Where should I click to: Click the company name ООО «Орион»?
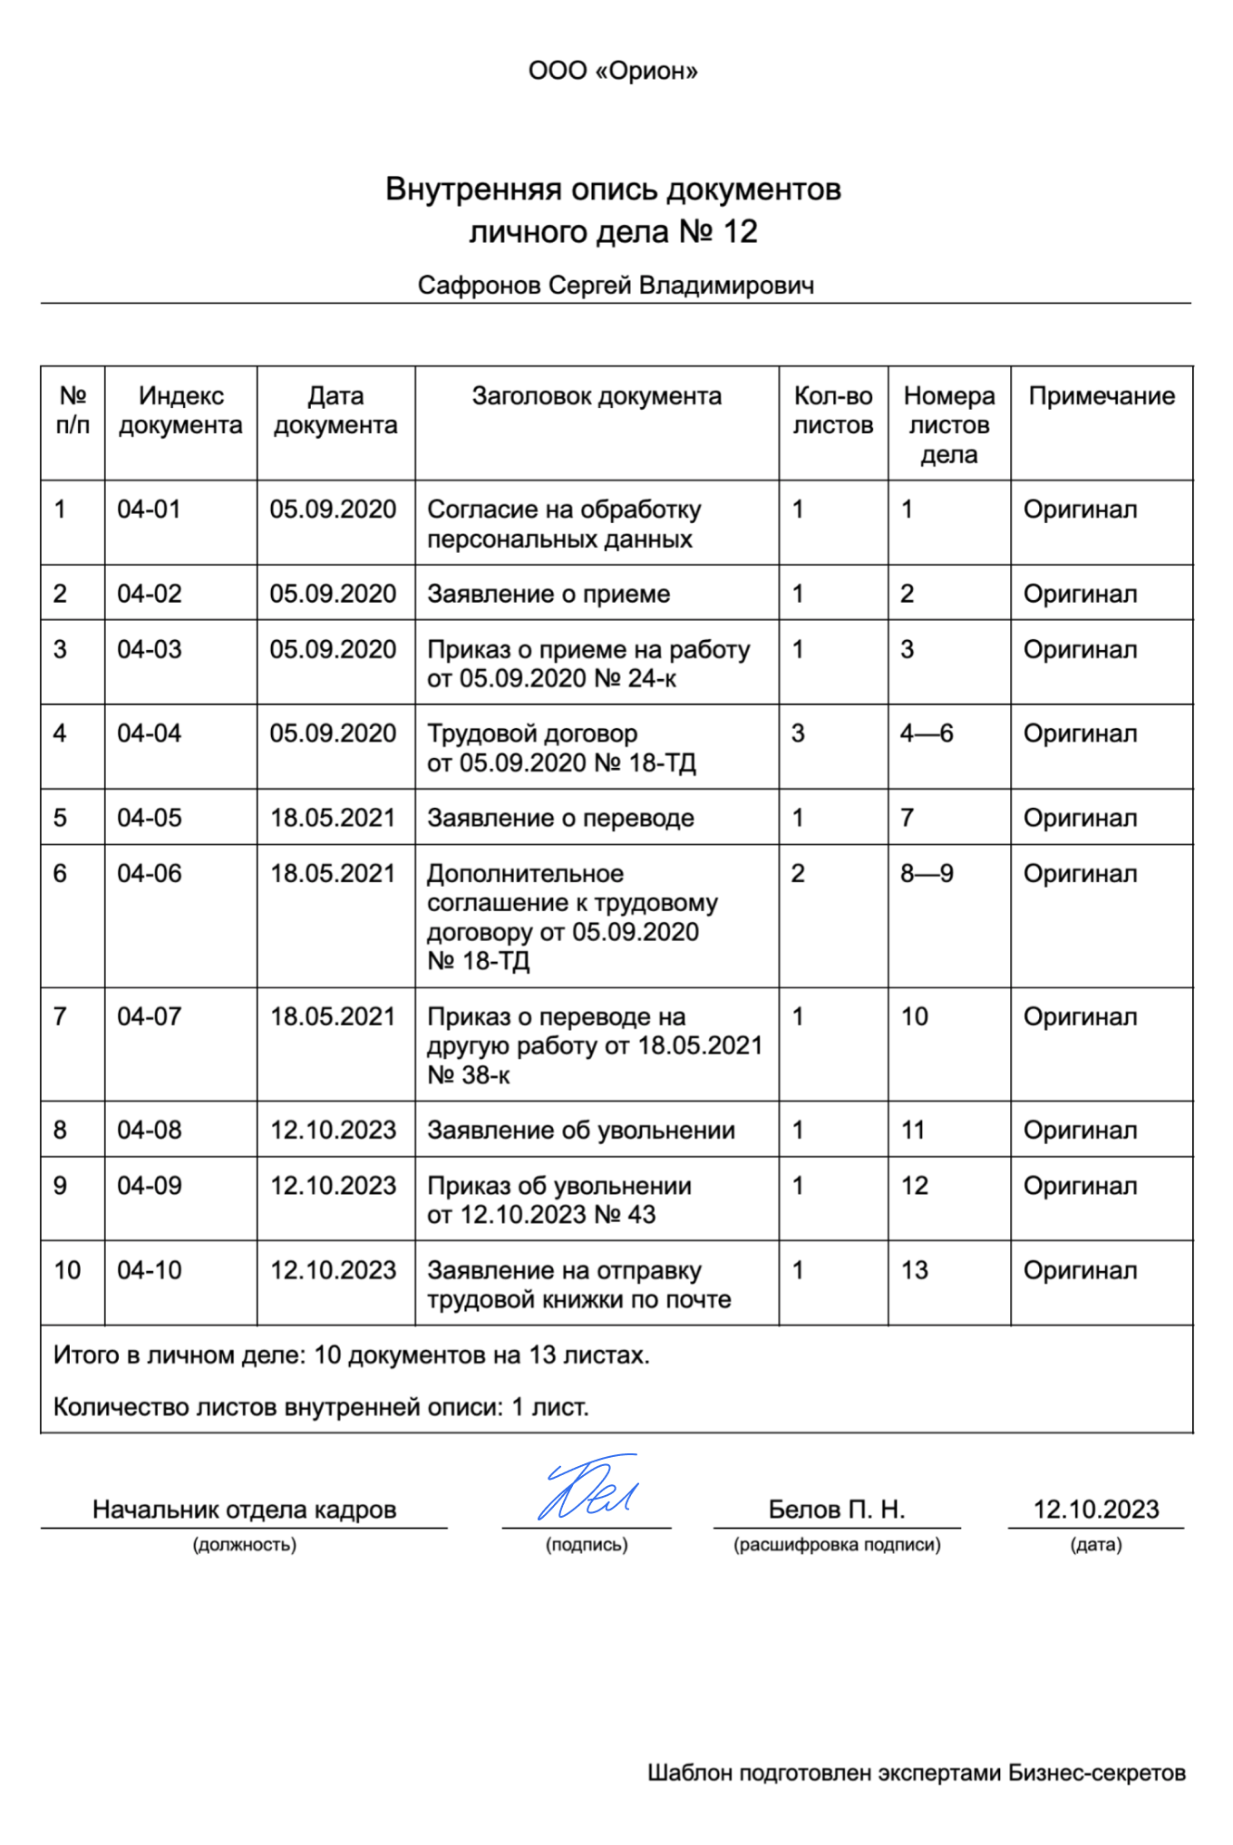(x=613, y=71)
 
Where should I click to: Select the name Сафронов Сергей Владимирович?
(x=616, y=286)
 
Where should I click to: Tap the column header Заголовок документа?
(x=597, y=396)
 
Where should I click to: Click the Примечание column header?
(x=1101, y=396)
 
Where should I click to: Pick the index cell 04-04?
(x=150, y=733)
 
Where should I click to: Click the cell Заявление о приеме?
(x=549, y=594)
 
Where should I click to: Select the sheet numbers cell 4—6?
(x=927, y=733)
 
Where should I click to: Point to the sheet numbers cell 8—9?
(x=927, y=874)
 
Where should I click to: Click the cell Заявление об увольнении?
(x=581, y=1131)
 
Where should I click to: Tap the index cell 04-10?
(x=150, y=1270)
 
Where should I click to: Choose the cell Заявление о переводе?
(x=560, y=818)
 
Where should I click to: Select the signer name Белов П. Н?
(x=836, y=1510)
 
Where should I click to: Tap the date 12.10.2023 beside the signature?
(x=1096, y=1510)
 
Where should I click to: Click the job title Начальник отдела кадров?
(x=244, y=1510)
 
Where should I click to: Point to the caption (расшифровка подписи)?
(x=837, y=1545)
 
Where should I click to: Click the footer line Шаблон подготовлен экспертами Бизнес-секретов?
(x=917, y=1773)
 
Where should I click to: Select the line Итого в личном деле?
(x=352, y=1355)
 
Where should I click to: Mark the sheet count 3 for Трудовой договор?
(x=798, y=733)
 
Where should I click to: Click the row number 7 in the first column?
(x=60, y=1017)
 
